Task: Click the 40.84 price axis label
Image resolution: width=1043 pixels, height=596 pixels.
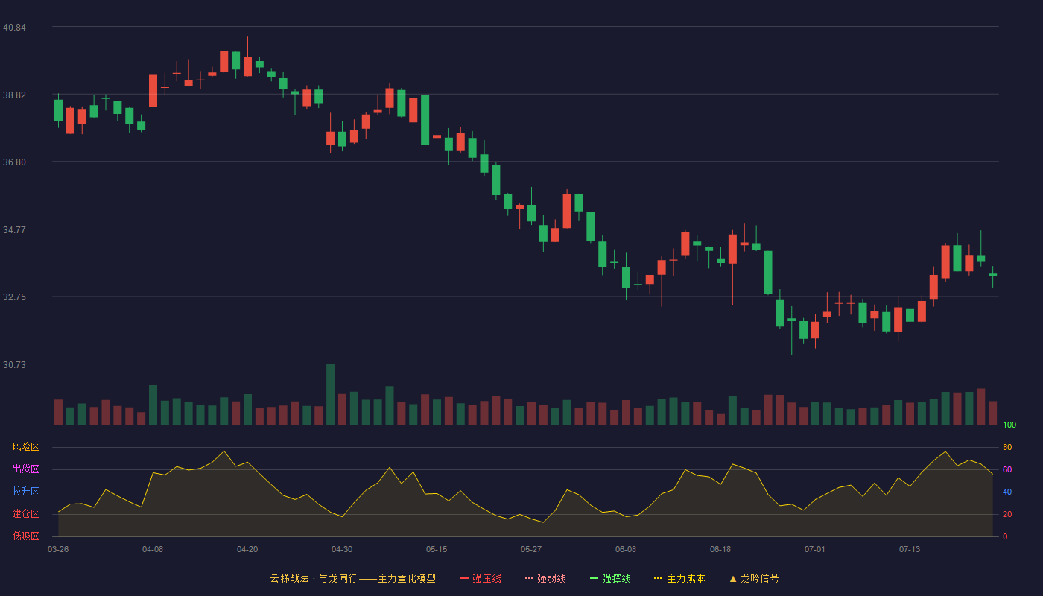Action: pyautogui.click(x=14, y=28)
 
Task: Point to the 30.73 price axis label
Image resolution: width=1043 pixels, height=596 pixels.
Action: pyautogui.click(x=14, y=364)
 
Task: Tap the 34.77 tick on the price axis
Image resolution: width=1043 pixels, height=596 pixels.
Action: pyautogui.click(x=14, y=230)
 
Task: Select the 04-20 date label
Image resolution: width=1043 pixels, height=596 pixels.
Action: pyautogui.click(x=247, y=550)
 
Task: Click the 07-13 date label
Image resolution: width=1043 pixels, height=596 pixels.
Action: pyautogui.click(x=910, y=550)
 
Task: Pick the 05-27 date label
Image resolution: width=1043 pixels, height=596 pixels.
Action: pyautogui.click(x=531, y=550)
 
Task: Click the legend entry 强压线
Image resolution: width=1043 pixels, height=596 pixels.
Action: pyautogui.click(x=481, y=578)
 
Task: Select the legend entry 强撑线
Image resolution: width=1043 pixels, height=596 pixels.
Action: pyautogui.click(x=610, y=578)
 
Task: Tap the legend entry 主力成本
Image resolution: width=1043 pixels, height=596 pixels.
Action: pyautogui.click(x=679, y=578)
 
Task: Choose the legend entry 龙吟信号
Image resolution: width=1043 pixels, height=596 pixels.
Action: pyautogui.click(x=754, y=578)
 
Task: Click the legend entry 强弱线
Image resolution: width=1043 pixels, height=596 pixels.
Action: pyautogui.click(x=545, y=578)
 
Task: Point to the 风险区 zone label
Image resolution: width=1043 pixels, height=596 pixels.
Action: pyautogui.click(x=25, y=447)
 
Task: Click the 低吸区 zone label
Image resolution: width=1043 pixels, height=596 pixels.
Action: pyautogui.click(x=25, y=536)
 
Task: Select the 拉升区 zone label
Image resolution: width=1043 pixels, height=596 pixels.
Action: pyautogui.click(x=25, y=491)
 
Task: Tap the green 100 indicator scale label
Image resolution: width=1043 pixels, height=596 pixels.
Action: pyautogui.click(x=1009, y=425)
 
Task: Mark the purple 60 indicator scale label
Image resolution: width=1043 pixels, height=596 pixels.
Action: pyautogui.click(x=1007, y=469)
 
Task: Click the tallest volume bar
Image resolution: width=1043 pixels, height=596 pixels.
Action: pyautogui.click(x=331, y=394)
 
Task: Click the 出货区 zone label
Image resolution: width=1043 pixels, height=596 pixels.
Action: pyautogui.click(x=25, y=469)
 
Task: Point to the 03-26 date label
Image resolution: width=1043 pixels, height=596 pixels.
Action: pyautogui.click(x=58, y=550)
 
